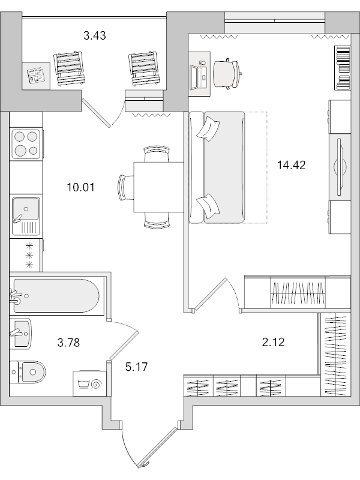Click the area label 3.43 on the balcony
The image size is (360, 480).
[95, 35]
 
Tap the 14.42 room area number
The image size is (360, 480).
[292, 165]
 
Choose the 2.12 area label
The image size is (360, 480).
[272, 343]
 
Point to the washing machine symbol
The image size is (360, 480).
[88, 382]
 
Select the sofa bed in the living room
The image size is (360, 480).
[217, 167]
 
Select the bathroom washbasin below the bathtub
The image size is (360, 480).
[22, 333]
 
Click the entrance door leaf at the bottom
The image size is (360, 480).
[157, 446]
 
